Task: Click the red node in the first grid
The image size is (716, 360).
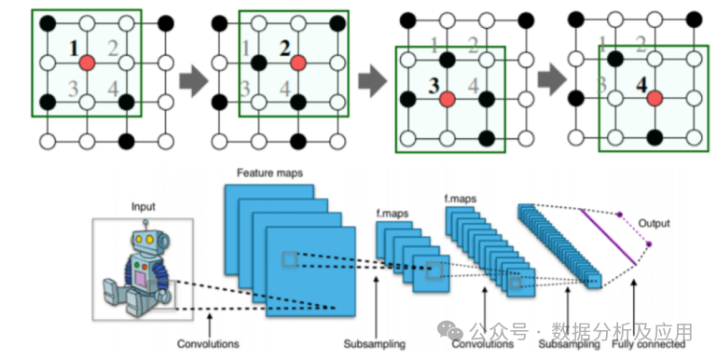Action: click(87, 62)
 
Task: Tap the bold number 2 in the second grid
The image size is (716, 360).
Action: click(285, 48)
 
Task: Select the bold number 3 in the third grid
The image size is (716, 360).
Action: click(434, 86)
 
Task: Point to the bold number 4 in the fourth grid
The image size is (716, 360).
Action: click(642, 85)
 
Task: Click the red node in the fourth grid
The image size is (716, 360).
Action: click(654, 98)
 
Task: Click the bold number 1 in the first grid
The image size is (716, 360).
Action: click(74, 48)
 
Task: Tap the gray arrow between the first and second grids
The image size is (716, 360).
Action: click(193, 81)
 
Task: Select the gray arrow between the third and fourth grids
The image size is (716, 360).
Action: click(552, 79)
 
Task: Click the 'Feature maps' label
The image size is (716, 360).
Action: click(269, 173)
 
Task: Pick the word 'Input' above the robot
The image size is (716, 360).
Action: click(144, 206)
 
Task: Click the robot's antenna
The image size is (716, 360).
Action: click(146, 225)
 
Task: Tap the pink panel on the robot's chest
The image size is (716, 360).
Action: click(141, 279)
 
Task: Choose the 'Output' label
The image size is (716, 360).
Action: click(654, 224)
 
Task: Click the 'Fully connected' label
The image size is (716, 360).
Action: click(649, 344)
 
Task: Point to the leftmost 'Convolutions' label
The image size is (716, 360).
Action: click(208, 343)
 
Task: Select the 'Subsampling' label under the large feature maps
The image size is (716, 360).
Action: click(375, 343)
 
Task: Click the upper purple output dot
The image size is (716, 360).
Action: click(620, 215)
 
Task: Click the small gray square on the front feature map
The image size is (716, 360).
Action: click(290, 259)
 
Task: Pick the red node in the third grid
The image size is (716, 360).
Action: click(447, 99)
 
